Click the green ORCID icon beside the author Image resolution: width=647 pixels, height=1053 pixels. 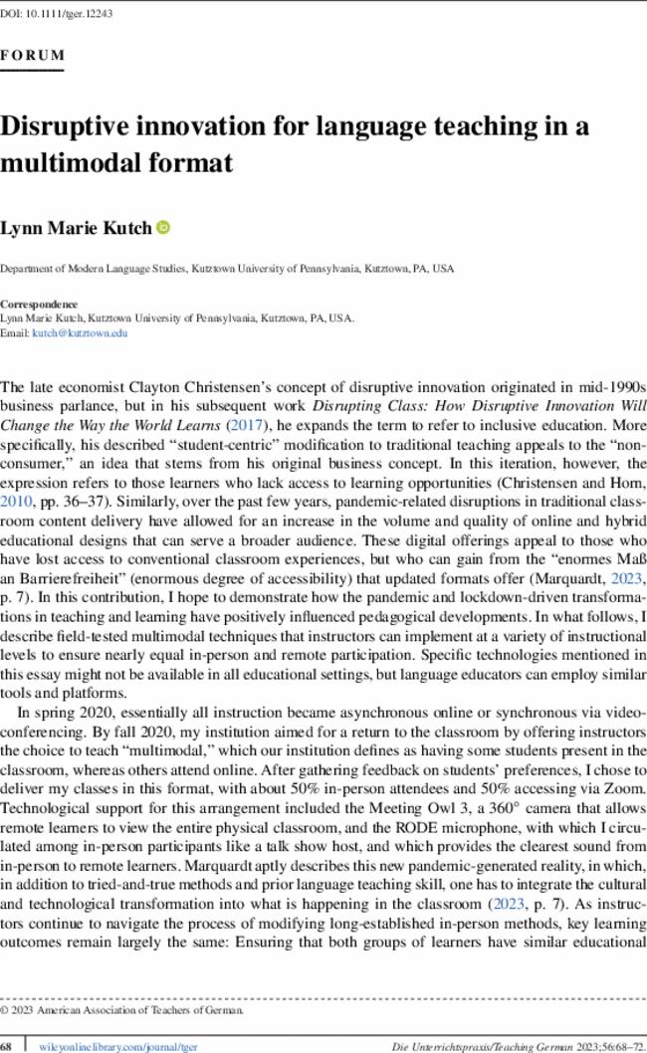click(164, 228)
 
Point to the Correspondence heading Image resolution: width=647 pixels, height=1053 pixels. click(39, 304)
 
